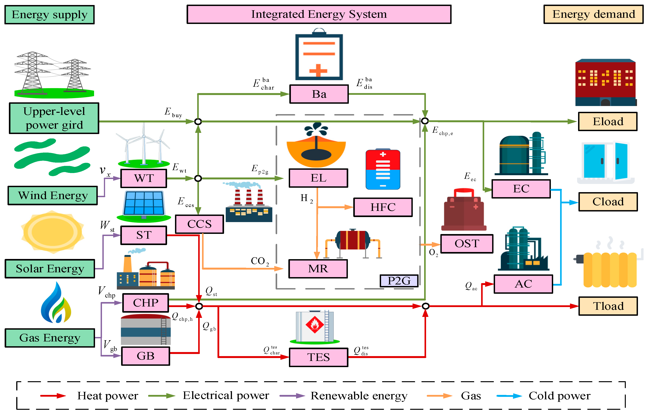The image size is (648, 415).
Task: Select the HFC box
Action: click(383, 207)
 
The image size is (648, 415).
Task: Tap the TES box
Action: click(318, 357)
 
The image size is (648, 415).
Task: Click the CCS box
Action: click(199, 224)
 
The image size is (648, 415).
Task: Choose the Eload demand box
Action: click(608, 121)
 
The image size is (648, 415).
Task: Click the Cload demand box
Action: click(608, 202)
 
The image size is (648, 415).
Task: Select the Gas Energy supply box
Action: click(50, 338)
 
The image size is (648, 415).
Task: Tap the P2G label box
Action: click(399, 281)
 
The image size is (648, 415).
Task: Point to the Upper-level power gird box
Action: click(54, 118)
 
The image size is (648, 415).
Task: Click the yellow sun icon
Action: click(53, 232)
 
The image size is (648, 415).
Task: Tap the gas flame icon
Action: click(56, 303)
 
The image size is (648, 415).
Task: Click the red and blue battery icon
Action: click(383, 169)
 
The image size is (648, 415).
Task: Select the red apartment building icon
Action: click(606, 82)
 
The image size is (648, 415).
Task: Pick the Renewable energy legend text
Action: click(359, 396)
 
